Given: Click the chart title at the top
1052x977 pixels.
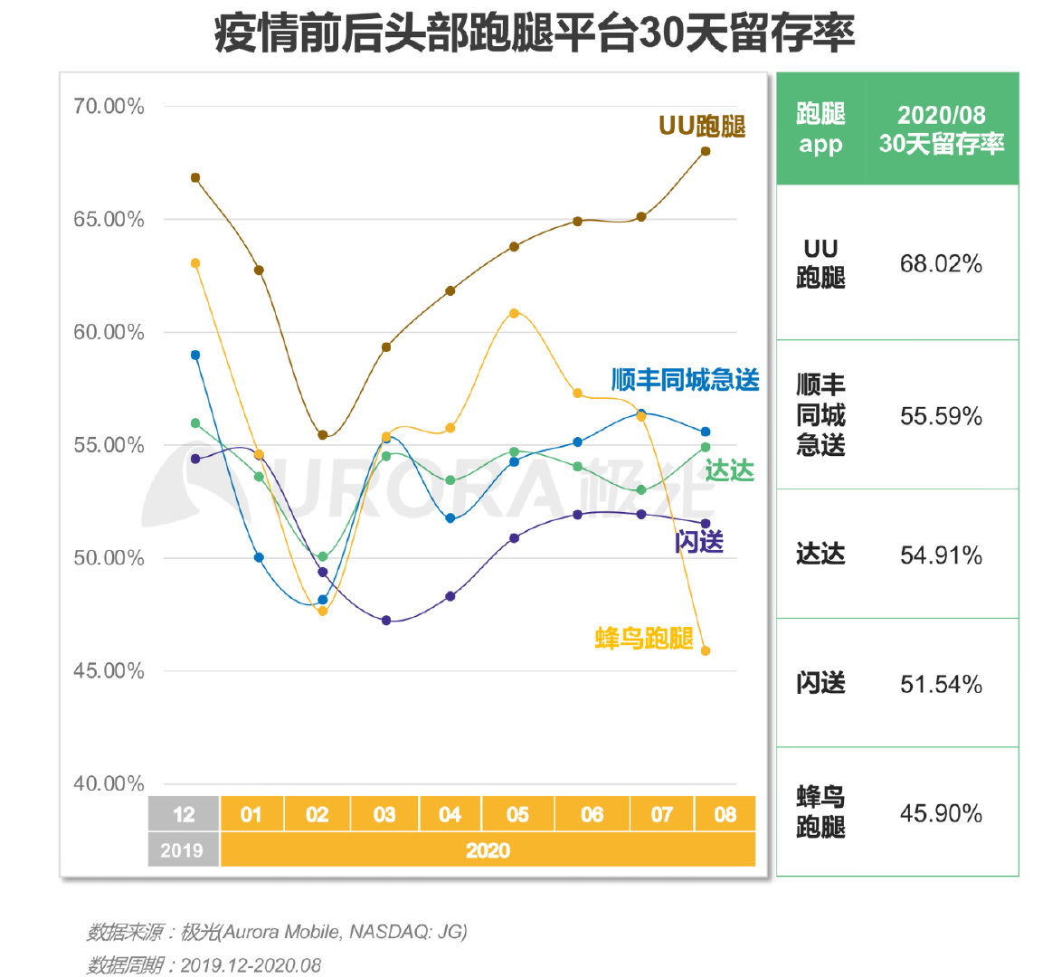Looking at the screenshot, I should (x=535, y=33).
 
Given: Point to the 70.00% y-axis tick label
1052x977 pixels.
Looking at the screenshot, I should (x=109, y=107).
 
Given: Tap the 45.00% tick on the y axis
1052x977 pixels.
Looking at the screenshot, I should (x=109, y=671).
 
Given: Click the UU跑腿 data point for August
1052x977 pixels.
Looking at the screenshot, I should (x=706, y=151).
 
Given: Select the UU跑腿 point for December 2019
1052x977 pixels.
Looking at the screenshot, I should (x=195, y=178).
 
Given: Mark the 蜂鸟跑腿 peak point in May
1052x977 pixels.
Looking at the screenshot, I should (x=514, y=313).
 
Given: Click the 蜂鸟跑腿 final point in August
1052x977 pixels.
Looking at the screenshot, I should (x=706, y=650).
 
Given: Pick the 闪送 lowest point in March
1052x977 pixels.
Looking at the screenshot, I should (x=386, y=621).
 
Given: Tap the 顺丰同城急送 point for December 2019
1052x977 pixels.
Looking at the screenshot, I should (x=195, y=356).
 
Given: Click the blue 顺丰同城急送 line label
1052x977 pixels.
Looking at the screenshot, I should (x=685, y=380).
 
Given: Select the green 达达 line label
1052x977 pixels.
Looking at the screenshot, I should (x=729, y=470).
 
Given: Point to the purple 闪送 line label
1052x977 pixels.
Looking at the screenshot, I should (x=699, y=542).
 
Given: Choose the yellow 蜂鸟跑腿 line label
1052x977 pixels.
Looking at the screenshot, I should (x=644, y=638).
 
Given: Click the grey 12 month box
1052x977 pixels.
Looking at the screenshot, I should (x=184, y=814).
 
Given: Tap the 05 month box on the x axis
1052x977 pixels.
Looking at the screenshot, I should (x=517, y=814).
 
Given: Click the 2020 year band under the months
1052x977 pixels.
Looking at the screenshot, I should (x=488, y=850).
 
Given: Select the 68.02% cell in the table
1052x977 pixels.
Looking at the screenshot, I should (x=941, y=264).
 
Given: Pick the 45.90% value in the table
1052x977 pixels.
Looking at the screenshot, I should (x=941, y=813).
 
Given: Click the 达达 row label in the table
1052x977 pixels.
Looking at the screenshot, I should (x=820, y=555).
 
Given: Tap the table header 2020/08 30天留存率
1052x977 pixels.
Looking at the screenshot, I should (x=941, y=129).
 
